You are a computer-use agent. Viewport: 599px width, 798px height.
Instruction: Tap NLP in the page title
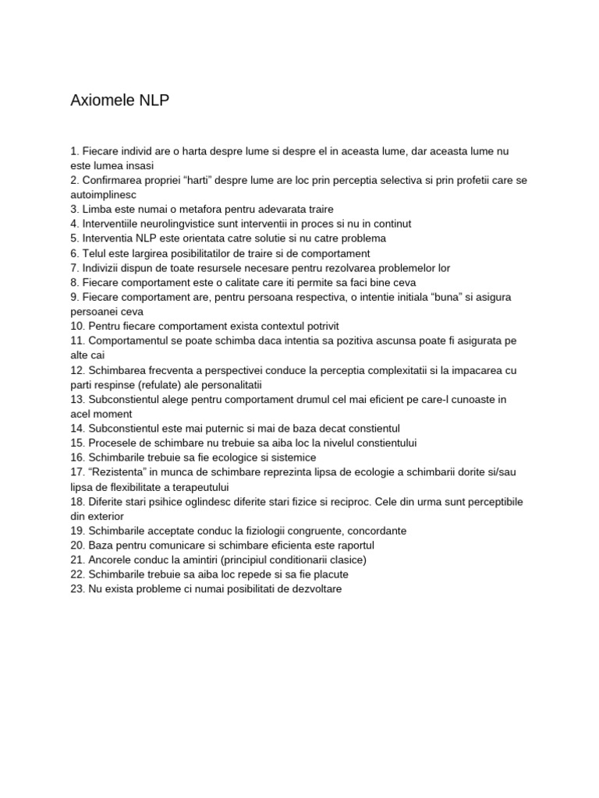tap(154, 101)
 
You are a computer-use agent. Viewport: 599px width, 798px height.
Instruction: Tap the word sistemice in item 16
tap(292, 457)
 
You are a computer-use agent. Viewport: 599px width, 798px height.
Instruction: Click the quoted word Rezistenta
tap(119, 472)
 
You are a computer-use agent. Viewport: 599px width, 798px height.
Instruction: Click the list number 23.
tap(77, 589)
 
